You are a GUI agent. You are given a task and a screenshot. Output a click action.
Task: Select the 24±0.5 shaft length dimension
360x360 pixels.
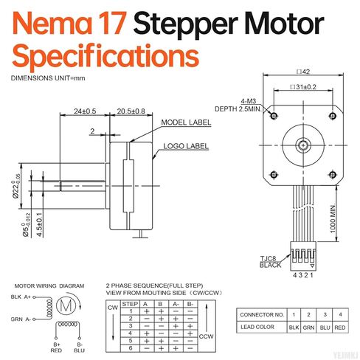point(85,111)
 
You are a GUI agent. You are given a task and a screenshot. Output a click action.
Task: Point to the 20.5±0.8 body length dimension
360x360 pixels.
point(132,111)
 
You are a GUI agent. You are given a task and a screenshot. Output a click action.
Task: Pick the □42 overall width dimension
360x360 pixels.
point(302,73)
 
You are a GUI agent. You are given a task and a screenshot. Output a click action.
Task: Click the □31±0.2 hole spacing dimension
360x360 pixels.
point(302,87)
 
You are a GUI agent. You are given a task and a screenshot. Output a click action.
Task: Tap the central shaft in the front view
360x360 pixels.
point(303,145)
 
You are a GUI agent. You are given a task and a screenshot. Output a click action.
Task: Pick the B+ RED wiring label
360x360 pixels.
point(57,347)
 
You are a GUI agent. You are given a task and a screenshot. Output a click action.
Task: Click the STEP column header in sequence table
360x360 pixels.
point(131,303)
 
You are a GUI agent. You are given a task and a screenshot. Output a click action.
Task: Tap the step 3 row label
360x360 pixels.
point(131,325)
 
